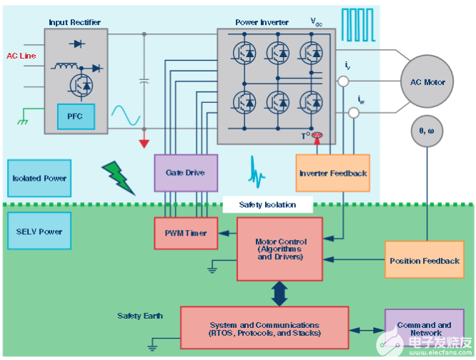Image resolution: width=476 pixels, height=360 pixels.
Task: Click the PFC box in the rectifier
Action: [75, 116]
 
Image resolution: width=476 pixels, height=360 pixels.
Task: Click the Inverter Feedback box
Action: [333, 173]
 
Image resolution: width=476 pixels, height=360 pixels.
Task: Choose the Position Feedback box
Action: [424, 261]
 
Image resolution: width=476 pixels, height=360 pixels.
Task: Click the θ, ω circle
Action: [428, 131]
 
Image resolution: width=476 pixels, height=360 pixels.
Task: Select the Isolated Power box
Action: [40, 178]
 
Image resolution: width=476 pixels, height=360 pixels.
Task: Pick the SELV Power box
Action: [39, 231]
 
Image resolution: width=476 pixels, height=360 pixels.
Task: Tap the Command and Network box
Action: [424, 329]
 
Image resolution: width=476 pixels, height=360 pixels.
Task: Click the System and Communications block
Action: [264, 328]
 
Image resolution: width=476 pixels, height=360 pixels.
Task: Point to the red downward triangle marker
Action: [144, 143]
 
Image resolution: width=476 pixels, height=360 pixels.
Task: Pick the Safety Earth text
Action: [140, 316]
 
